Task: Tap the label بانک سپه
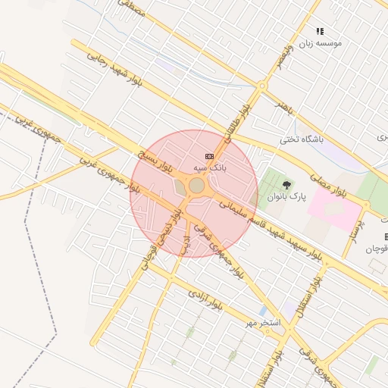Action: point(210,166)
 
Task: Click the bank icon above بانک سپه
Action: point(210,156)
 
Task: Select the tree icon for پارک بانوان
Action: point(286,185)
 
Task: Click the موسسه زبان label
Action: point(321,43)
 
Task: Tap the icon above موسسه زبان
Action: point(320,32)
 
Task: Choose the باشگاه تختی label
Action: point(302,139)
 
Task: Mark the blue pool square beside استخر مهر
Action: point(262,311)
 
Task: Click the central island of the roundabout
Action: point(196,186)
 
